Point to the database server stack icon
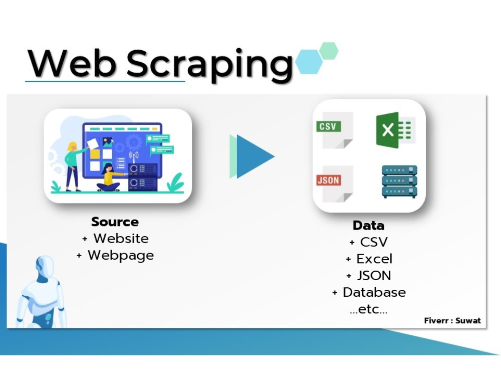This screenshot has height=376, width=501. tap(399, 181)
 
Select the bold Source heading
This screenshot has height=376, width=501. tap(115, 222)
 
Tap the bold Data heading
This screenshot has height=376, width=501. tap(368, 225)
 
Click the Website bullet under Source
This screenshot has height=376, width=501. tap(120, 238)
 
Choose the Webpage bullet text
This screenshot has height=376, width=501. tap(120, 255)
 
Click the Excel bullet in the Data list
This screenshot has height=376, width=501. tap(374, 259)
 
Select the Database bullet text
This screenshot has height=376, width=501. tap(374, 292)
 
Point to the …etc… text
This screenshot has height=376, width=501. tap(368, 309)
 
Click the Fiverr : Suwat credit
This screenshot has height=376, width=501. tap(452, 320)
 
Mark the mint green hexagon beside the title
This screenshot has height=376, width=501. tap(329, 51)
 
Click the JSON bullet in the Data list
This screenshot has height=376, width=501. tap(374, 276)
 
